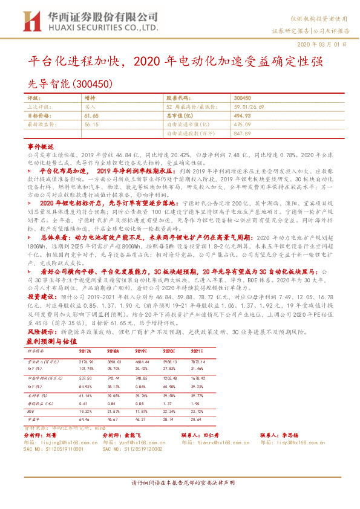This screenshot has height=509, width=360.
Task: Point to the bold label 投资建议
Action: (x=42, y=297)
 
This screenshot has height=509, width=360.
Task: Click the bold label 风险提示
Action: (x=42, y=331)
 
